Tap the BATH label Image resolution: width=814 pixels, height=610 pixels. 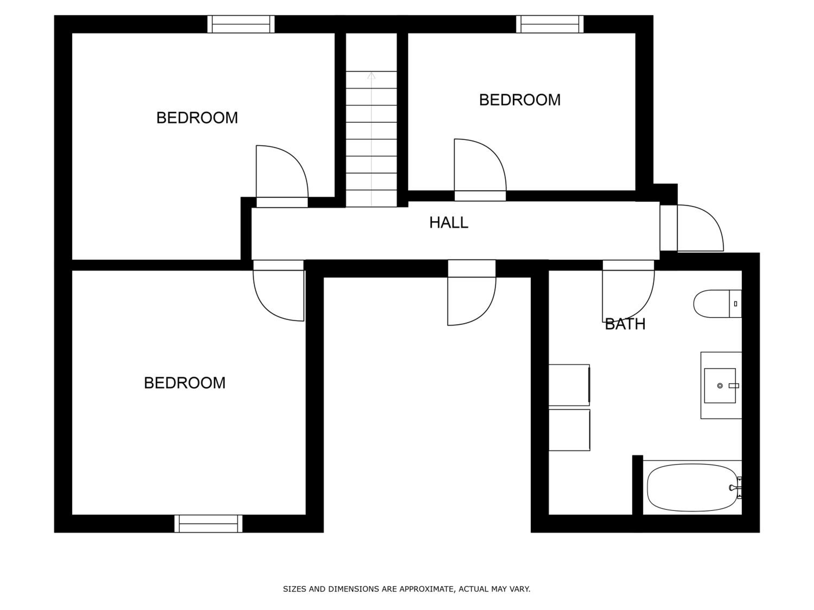(625, 324)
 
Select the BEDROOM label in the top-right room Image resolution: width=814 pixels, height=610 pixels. (520, 100)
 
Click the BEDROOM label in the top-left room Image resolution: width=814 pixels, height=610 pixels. (197, 118)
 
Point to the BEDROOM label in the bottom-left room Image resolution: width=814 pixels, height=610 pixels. (184, 383)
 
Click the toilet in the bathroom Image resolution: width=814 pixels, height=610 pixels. (717, 304)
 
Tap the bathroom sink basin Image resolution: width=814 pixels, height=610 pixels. (720, 386)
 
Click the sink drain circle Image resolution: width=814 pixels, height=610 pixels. (720, 386)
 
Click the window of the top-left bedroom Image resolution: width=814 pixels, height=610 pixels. (241, 24)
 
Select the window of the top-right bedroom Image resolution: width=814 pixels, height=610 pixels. (550, 24)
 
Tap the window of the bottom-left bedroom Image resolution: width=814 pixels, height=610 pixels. (208, 524)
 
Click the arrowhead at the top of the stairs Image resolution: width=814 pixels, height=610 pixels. (371, 75)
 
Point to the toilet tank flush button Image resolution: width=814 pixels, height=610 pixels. (736, 304)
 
